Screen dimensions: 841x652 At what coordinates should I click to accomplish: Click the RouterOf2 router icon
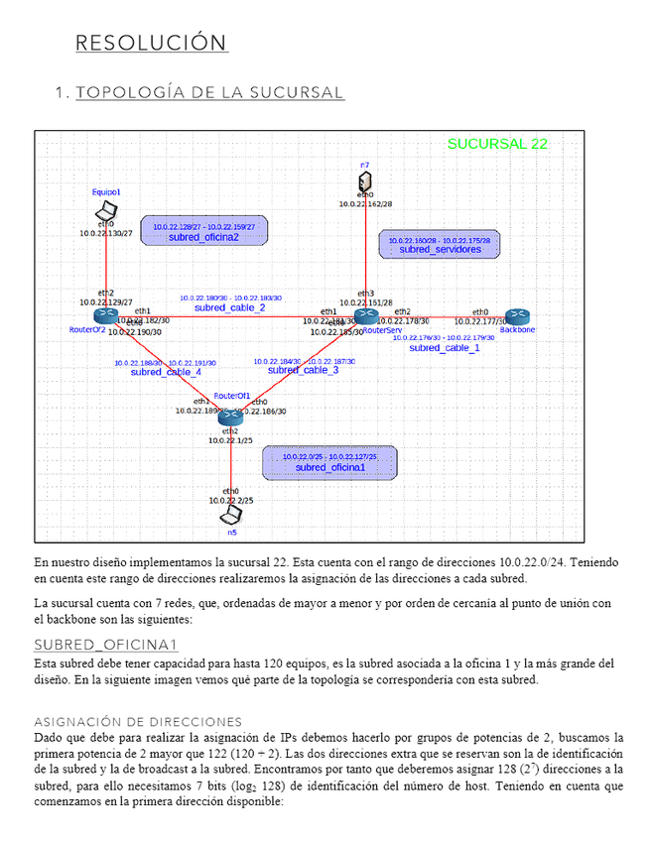(106, 315)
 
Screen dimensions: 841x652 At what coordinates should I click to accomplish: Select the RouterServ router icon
(366, 316)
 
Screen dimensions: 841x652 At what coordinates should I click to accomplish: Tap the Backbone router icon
(517, 316)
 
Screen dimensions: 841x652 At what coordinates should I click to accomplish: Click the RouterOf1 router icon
(232, 414)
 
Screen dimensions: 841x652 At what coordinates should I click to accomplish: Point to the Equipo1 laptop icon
(106, 210)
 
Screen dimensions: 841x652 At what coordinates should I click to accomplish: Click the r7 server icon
(365, 181)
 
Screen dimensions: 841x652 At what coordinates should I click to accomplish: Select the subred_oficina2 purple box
(203, 231)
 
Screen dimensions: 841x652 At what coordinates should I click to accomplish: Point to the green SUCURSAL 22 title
(497, 144)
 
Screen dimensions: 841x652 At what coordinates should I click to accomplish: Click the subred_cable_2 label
(230, 307)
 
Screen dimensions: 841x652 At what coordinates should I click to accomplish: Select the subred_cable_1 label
(445, 348)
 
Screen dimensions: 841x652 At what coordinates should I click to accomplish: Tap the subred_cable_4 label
(165, 373)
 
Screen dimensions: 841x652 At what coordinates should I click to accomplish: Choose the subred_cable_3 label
(303, 370)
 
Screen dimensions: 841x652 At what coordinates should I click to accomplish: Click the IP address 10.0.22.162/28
(365, 204)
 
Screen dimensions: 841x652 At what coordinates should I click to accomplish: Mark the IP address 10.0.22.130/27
(106, 233)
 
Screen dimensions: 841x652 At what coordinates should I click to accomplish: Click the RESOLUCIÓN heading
(152, 44)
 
